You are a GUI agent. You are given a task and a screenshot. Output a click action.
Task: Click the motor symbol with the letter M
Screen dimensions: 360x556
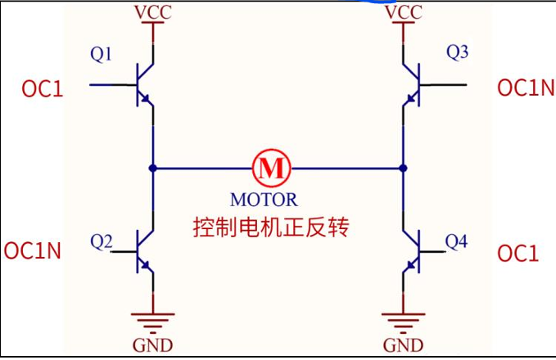click(x=271, y=168)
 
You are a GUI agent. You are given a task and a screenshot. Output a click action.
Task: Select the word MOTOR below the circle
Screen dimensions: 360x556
click(x=264, y=199)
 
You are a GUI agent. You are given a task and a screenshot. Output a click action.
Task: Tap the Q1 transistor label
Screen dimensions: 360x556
click(x=102, y=55)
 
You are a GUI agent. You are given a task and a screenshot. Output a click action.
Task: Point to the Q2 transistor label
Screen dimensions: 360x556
click(x=102, y=241)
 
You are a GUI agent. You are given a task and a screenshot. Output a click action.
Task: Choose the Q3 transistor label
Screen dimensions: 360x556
click(x=457, y=53)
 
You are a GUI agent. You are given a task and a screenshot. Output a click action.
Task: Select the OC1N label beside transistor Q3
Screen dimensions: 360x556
click(x=526, y=88)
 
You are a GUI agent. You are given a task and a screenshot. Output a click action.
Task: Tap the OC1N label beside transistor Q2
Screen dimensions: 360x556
click(x=33, y=251)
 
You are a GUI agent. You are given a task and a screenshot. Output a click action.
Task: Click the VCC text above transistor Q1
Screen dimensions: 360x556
click(x=152, y=13)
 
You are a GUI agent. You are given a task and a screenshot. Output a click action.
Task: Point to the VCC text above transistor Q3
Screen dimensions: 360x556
click(x=403, y=13)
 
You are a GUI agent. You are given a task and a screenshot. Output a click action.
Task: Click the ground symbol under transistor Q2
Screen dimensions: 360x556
click(x=153, y=318)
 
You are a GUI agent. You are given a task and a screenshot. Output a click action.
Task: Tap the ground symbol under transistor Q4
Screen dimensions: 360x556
click(x=404, y=318)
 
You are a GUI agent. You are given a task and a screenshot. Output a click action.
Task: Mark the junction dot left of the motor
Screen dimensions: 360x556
click(x=153, y=168)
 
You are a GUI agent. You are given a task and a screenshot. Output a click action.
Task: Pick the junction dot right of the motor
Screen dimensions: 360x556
click(x=403, y=168)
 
